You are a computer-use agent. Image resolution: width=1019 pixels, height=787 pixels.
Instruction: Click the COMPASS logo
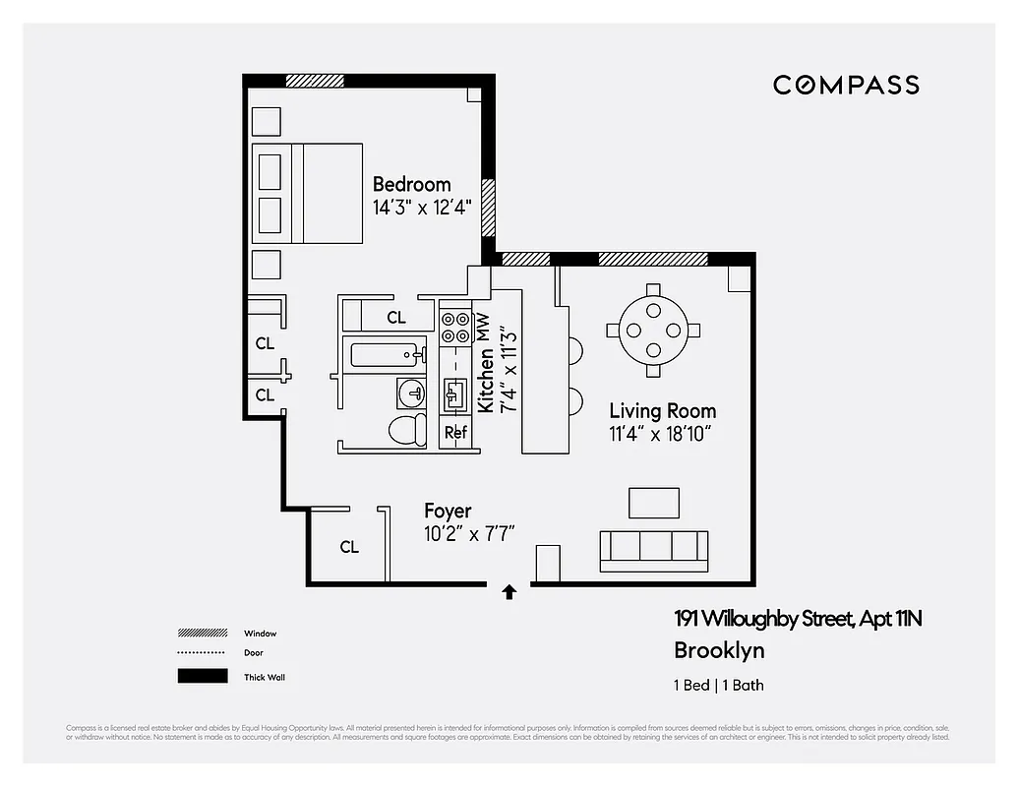tap(846, 85)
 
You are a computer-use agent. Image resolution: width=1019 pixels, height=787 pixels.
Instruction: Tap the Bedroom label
tap(411, 184)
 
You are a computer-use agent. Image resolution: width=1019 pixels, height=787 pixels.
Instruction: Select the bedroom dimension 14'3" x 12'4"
tap(422, 208)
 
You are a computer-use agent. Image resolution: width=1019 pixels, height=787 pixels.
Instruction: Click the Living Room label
tap(662, 411)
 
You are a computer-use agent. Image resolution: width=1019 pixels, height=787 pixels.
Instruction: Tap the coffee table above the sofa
tap(654, 502)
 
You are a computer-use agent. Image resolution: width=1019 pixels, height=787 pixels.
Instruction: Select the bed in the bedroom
tap(308, 193)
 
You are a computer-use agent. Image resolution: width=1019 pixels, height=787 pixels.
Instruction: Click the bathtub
tap(386, 352)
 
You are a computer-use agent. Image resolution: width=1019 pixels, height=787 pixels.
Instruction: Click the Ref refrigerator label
tap(455, 432)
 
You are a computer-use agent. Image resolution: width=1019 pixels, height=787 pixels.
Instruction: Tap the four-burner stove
tap(454, 327)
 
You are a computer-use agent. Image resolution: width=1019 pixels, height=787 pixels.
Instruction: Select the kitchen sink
tap(454, 395)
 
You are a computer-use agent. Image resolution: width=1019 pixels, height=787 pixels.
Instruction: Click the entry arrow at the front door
tap(509, 591)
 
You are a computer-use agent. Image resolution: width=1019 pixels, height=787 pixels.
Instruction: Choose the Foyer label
tap(448, 511)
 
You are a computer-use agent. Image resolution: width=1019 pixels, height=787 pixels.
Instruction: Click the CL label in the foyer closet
tap(349, 547)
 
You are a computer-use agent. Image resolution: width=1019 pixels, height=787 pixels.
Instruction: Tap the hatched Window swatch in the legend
tap(202, 634)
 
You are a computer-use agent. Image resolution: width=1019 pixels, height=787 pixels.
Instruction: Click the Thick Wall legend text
tap(265, 677)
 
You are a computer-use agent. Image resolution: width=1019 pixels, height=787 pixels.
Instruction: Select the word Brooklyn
tap(718, 650)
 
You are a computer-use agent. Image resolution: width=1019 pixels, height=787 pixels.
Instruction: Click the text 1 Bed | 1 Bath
tap(718, 686)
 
